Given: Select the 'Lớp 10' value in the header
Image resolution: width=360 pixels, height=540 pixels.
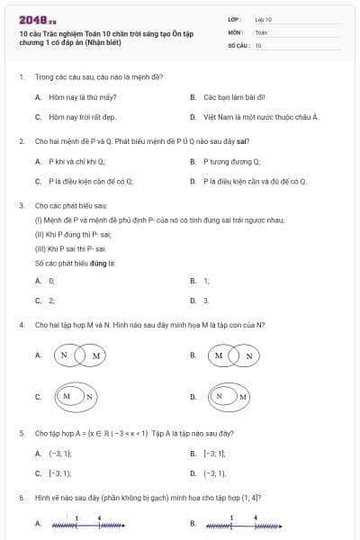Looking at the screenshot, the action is pyautogui.click(x=264, y=18).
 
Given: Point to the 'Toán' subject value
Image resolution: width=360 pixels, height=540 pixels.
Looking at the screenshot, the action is pyautogui.click(x=261, y=31).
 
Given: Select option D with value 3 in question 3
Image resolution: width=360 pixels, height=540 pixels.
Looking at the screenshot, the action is pyautogui.click(x=206, y=301).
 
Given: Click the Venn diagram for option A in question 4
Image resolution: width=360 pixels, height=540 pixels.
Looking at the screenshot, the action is pyautogui.click(x=80, y=355).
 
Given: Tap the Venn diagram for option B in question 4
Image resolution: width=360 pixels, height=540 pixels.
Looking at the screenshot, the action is pyautogui.click(x=236, y=355).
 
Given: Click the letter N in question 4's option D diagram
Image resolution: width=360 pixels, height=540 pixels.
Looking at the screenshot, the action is pyautogui.click(x=219, y=396).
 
